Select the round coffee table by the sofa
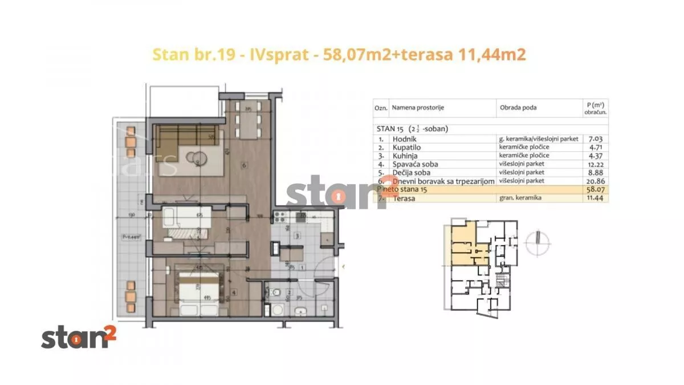[x=198, y=157]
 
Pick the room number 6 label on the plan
[x=243, y=166]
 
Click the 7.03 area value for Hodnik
[x=595, y=139]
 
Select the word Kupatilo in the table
[x=406, y=147]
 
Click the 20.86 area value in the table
[x=594, y=180]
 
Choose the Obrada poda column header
[x=518, y=108]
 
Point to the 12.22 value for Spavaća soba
[x=595, y=164]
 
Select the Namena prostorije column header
[x=417, y=108]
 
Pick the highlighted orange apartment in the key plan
[x=463, y=242]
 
